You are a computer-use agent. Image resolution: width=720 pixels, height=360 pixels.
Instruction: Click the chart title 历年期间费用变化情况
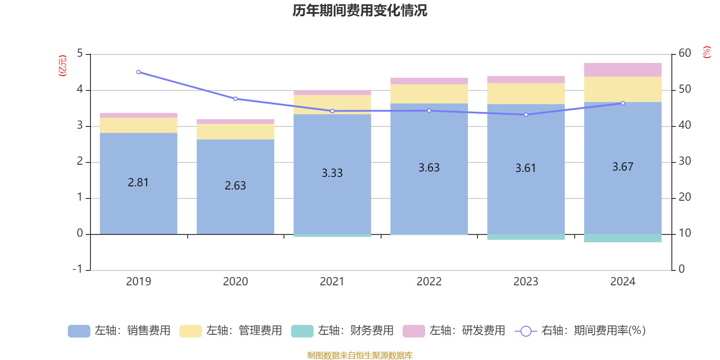point(360,10)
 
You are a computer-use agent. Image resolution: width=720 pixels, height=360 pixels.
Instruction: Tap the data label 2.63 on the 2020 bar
point(235,185)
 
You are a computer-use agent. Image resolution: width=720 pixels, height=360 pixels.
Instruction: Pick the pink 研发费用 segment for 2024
point(623,70)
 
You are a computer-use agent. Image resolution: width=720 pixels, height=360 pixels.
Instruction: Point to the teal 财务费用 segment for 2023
point(526,237)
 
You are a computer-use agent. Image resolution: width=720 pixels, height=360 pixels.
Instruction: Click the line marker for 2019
point(139,72)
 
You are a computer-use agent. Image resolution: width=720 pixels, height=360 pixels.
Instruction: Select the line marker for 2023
point(526,115)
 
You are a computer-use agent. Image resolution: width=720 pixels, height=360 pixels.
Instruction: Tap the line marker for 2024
point(623,103)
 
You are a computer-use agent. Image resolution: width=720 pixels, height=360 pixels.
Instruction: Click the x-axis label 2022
point(429,282)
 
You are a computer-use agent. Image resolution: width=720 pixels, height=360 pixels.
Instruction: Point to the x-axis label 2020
point(235,282)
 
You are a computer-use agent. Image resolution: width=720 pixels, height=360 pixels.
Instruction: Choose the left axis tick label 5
point(80,54)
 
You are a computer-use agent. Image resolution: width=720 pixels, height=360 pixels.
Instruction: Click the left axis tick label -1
point(78,269)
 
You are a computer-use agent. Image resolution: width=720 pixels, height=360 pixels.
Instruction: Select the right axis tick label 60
point(684,53)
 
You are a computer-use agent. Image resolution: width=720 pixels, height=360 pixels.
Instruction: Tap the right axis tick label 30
point(684,161)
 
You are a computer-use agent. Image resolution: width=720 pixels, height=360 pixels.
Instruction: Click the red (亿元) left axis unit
point(63,66)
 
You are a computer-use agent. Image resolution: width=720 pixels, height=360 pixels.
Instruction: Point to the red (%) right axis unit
point(707,52)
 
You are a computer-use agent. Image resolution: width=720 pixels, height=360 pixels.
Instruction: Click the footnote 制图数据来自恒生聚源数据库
point(360,355)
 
